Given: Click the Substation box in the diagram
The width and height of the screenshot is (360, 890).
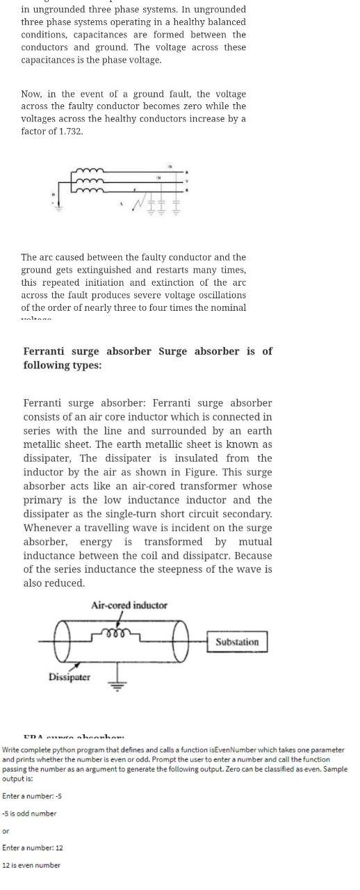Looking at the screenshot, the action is click(x=236, y=642).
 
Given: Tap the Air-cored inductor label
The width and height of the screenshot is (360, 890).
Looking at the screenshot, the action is click(x=129, y=606).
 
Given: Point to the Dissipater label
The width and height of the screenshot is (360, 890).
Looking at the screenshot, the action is click(x=69, y=677).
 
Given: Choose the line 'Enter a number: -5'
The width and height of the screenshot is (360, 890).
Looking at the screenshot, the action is click(x=32, y=796).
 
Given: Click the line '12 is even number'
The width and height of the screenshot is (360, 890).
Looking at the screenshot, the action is click(x=31, y=865).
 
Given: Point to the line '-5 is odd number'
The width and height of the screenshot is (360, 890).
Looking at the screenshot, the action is click(x=29, y=814).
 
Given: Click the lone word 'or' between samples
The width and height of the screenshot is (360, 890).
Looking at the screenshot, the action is click(x=6, y=831).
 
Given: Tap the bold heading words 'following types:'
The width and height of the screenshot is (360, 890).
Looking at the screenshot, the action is click(x=62, y=365).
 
